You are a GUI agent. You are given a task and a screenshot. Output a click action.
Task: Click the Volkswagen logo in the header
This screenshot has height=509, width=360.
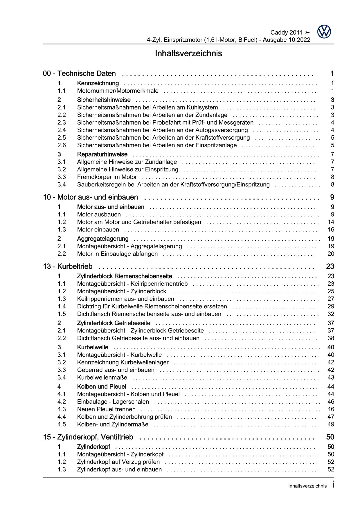coord(324,32)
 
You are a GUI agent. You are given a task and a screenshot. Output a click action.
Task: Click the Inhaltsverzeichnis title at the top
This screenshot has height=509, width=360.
coord(188,53)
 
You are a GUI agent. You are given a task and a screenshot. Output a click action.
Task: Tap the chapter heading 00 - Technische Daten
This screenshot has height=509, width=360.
coord(79,74)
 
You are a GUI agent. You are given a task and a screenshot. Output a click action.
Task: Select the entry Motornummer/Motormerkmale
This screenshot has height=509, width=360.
coord(118,91)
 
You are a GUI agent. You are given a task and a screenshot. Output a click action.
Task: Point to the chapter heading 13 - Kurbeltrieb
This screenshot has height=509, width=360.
coord(68,267)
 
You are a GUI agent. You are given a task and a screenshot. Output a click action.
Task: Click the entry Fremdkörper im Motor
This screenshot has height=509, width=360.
coord(107,177)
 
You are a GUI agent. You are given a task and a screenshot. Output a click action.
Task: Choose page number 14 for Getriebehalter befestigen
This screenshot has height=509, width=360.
coord(331,222)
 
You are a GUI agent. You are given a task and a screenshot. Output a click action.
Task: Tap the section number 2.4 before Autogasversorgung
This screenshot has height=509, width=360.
coord(62,130)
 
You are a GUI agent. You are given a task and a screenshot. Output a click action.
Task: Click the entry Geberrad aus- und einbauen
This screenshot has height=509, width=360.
coord(116,370)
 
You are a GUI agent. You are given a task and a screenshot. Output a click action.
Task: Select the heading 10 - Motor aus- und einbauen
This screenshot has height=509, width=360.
coord(90,197)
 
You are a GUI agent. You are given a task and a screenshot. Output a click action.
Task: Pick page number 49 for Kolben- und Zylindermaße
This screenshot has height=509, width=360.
coord(331,425)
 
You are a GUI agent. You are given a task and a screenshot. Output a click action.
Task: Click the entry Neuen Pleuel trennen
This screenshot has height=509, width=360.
coord(106,409)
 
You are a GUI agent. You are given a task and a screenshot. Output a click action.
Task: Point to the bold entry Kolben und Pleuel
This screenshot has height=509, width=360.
coord(102,387)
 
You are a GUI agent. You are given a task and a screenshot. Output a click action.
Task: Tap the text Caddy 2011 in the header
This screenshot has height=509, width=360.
coord(286,33)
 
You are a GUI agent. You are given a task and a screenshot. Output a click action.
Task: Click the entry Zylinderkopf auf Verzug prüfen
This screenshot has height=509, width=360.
coord(118,462)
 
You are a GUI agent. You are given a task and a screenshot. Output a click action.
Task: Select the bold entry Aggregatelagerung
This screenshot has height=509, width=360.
coord(102,239)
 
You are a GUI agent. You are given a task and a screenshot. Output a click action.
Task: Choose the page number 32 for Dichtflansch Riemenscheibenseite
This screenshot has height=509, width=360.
coord(331,314)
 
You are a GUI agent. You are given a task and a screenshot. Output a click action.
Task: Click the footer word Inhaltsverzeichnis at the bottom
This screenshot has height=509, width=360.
coord(307,486)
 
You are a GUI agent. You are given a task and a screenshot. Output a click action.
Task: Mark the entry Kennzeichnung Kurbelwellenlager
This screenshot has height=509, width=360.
coord(123,362)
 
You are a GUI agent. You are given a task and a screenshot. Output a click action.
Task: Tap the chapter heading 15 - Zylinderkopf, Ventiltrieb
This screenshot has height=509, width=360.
coord(88,437)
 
